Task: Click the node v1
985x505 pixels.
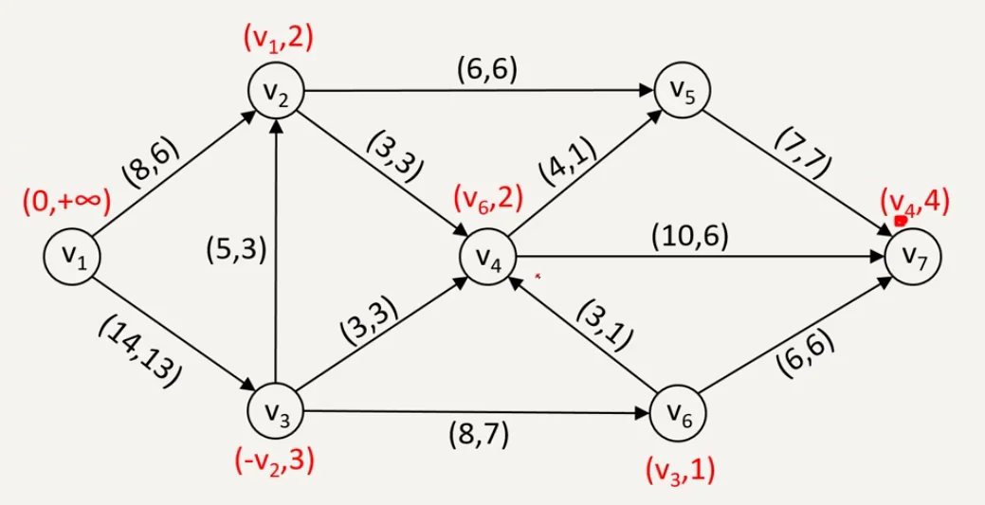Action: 73,256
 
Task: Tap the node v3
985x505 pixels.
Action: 275,414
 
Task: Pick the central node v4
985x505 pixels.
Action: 485,257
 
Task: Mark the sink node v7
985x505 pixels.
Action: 915,256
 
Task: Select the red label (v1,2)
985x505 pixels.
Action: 278,38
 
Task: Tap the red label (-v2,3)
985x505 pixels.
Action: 275,463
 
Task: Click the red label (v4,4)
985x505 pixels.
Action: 915,203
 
